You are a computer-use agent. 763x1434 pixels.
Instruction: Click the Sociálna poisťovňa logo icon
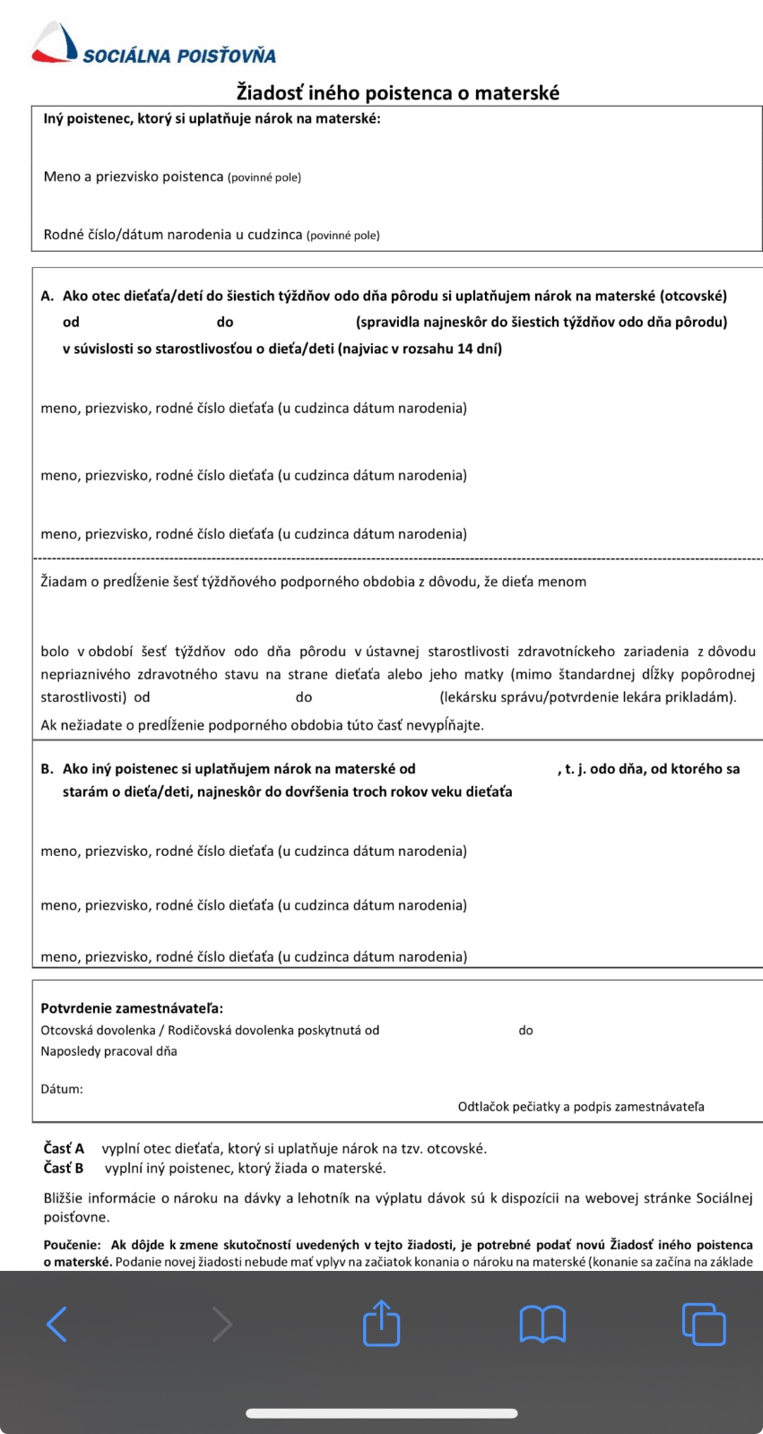(55, 43)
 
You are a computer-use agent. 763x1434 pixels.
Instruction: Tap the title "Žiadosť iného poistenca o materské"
(398, 92)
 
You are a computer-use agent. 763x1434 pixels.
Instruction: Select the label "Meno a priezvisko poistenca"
(134, 177)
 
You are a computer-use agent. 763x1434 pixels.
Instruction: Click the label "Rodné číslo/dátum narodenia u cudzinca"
(173, 235)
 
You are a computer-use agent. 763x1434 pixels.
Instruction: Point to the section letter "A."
(48, 296)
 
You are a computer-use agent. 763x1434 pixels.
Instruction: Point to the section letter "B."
(48, 769)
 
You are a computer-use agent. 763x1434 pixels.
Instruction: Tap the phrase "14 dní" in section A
(479, 349)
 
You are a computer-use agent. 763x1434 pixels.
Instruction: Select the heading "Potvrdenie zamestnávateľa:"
(132, 1008)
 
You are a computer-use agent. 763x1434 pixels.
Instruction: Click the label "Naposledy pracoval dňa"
(108, 1051)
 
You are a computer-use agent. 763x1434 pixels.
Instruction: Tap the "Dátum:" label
(62, 1089)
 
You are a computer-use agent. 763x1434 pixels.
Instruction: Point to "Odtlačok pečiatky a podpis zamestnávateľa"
(581, 1107)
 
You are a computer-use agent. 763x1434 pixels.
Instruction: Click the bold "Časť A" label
(64, 1148)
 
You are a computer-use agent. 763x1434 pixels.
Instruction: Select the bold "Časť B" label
(64, 1168)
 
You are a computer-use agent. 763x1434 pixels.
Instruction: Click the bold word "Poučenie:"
(72, 1245)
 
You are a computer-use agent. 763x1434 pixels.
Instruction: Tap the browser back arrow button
(56, 1324)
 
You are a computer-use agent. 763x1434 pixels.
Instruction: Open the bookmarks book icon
(542, 1324)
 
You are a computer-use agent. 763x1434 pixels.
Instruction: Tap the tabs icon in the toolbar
(704, 1324)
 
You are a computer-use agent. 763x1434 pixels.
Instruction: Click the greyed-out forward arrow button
(221, 1324)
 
